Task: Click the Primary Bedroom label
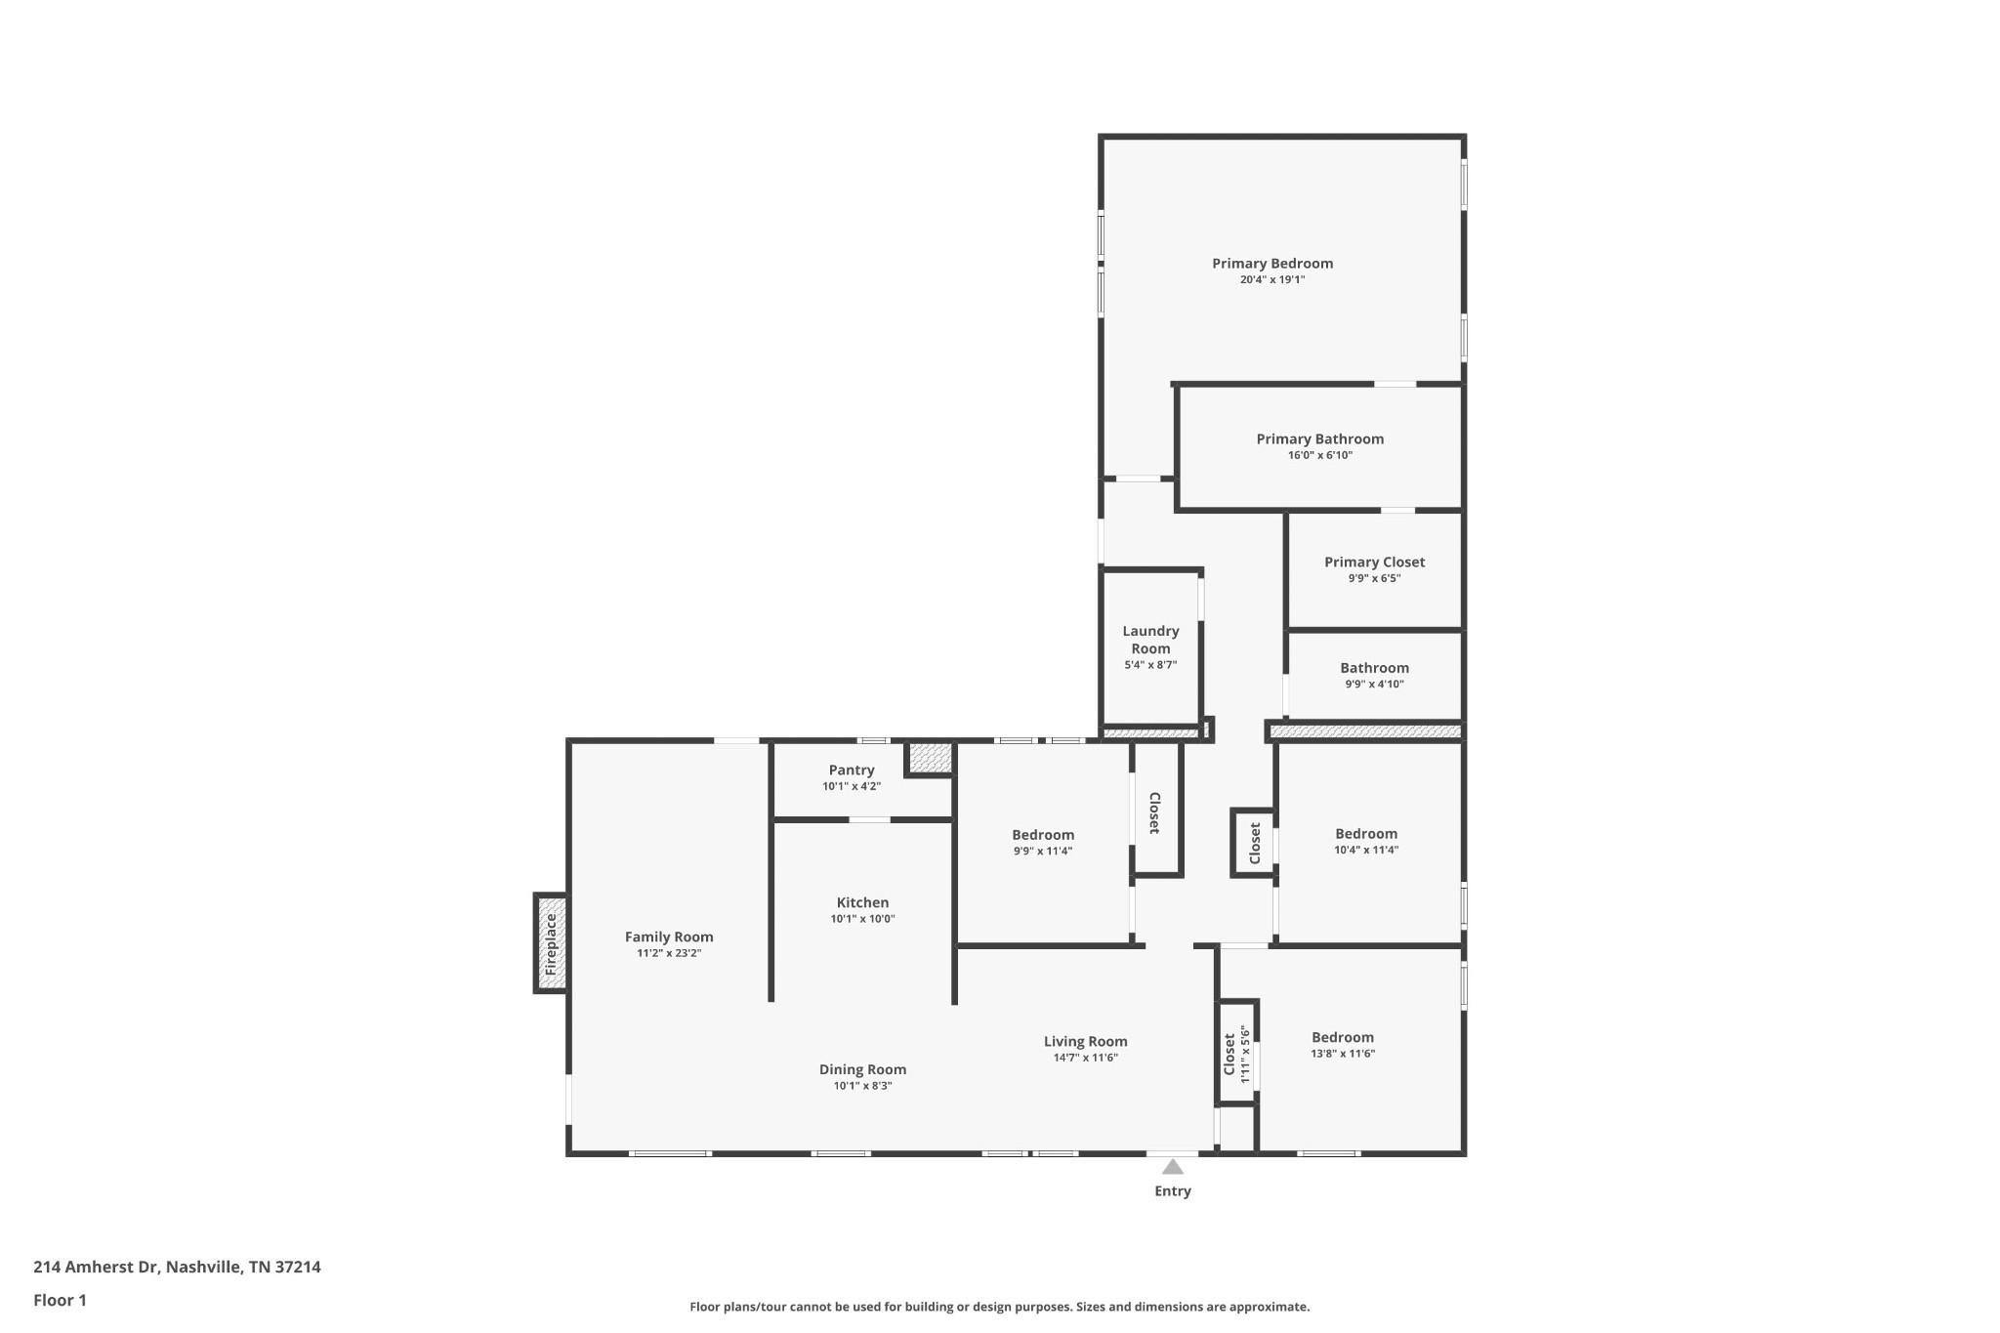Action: point(1271,264)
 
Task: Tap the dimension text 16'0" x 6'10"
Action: point(1319,455)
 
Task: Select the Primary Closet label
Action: point(1374,562)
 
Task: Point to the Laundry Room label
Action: point(1150,640)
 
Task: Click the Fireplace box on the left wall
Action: point(551,943)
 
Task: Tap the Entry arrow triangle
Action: point(1173,1167)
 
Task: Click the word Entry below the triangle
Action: point(1173,1191)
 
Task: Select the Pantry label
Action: point(852,771)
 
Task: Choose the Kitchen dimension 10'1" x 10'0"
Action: point(862,919)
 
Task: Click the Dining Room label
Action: point(862,1070)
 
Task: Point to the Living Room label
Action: point(1085,1042)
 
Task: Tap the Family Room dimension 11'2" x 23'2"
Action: point(669,953)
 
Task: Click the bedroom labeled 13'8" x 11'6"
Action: point(1343,1045)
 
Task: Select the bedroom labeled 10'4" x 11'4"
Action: point(1366,841)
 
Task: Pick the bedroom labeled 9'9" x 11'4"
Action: point(1043,842)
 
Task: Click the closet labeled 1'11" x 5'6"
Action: point(1236,1053)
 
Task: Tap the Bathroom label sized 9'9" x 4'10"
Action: point(1374,669)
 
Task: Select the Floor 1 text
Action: point(60,1301)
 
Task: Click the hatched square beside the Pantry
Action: point(930,758)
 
